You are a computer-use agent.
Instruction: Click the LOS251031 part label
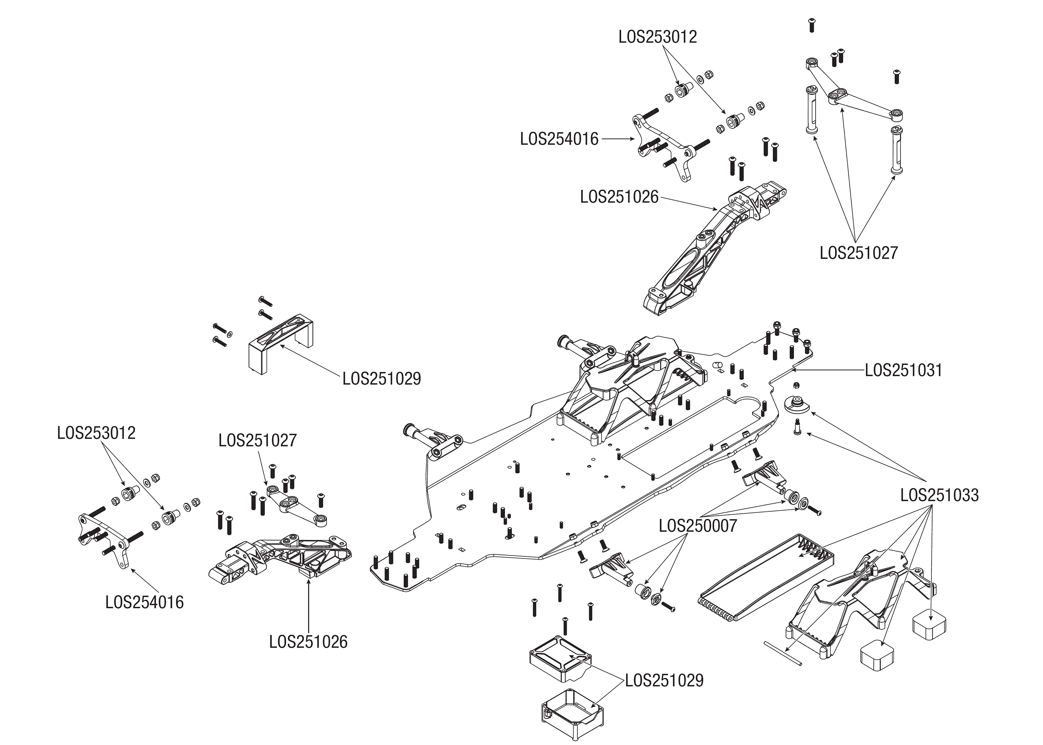[903, 371]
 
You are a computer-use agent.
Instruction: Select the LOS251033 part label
[939, 495]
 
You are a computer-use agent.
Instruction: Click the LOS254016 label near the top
[559, 139]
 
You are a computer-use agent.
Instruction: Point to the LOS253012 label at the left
[96, 433]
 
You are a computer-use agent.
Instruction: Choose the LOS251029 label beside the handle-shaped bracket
[382, 378]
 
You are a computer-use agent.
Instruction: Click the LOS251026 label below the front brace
[308, 642]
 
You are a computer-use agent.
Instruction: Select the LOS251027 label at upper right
[858, 253]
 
